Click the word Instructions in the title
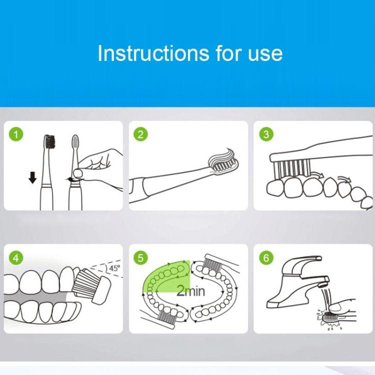(x=153, y=53)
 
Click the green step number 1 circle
(x=16, y=134)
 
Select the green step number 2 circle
(x=140, y=134)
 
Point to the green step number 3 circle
(x=266, y=134)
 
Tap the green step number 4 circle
(x=16, y=258)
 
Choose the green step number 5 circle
(x=140, y=258)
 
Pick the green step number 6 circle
(x=266, y=258)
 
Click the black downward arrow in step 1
(x=32, y=177)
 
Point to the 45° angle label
(x=114, y=268)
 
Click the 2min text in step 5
(x=190, y=291)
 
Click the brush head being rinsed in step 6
(x=330, y=317)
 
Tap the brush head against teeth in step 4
(x=91, y=285)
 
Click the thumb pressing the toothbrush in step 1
(x=78, y=172)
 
